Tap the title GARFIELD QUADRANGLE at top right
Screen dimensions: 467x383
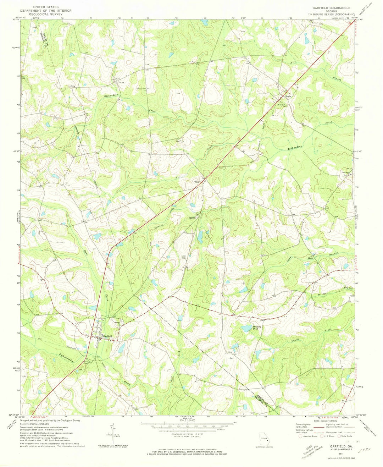click(331, 7)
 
